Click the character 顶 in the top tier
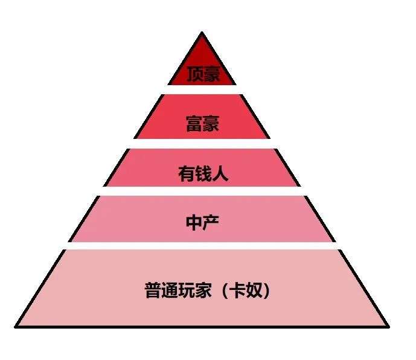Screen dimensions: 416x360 (195, 74)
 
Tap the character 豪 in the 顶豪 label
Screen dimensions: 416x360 (211, 74)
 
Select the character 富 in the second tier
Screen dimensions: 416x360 (194, 123)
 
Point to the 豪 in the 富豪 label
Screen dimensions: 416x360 (211, 123)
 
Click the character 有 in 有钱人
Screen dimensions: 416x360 (186, 173)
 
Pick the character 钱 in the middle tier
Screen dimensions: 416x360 (203, 173)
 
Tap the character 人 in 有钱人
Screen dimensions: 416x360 (220, 173)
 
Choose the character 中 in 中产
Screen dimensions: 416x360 (194, 222)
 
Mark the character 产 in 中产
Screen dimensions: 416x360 (211, 222)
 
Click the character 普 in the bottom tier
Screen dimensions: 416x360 (153, 291)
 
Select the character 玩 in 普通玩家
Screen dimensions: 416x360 (187, 291)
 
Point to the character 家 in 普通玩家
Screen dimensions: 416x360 (203, 291)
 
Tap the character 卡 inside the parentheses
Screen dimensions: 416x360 (237, 291)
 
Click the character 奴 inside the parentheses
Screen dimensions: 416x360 (254, 291)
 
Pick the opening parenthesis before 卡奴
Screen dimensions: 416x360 (225, 291)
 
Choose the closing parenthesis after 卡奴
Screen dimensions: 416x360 (266, 291)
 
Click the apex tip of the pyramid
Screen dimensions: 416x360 (202, 33)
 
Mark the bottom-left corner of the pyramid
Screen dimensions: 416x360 (15, 327)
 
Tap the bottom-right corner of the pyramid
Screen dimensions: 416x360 (388, 327)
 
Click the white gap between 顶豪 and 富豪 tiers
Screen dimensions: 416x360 (202, 89)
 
